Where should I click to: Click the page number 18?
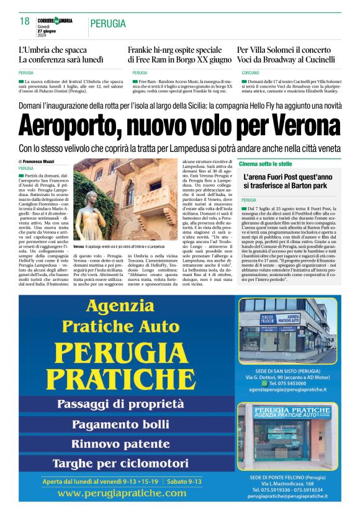click(x=25, y=22)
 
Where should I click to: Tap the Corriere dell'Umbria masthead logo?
click(x=55, y=20)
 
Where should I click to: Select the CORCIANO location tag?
click(x=250, y=73)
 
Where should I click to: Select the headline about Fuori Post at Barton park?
click(x=288, y=180)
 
